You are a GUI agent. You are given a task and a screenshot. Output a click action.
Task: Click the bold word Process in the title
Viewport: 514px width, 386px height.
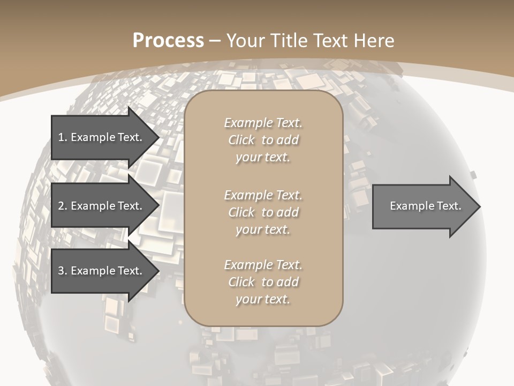(x=168, y=41)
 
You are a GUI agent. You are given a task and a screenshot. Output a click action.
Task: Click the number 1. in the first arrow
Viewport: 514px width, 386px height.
(x=62, y=137)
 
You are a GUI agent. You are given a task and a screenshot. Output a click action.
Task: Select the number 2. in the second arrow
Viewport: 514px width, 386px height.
(x=62, y=206)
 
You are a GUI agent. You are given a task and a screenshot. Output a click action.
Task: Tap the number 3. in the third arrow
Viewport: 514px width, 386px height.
(x=62, y=271)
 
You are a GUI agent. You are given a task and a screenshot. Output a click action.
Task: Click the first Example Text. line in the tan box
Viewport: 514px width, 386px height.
(x=263, y=123)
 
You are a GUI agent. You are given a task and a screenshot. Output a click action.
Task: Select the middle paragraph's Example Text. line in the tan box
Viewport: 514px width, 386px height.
(x=263, y=195)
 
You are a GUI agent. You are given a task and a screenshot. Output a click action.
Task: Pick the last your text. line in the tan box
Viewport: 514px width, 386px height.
(x=263, y=300)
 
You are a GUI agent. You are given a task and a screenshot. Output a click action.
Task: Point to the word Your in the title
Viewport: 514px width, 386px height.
(x=246, y=41)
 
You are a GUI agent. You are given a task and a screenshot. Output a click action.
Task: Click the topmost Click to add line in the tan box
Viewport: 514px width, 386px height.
(x=263, y=140)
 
